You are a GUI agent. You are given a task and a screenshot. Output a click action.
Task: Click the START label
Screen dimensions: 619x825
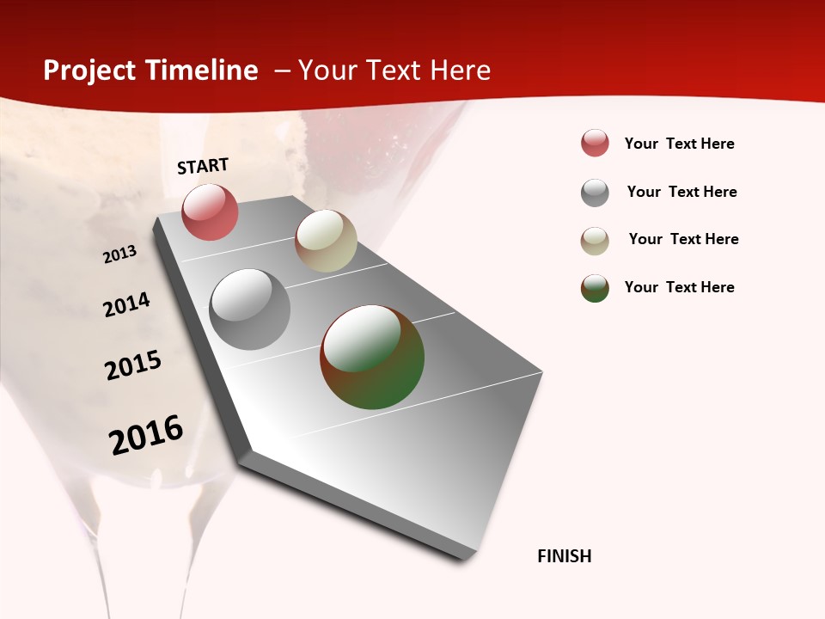point(203,166)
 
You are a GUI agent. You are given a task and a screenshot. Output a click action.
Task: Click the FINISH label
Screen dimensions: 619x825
point(565,556)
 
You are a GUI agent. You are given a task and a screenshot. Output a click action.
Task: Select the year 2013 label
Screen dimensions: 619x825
point(120,254)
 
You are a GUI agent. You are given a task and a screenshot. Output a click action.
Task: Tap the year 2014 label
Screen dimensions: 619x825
point(127,304)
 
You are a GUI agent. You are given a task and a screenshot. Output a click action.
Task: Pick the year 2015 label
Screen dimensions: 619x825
point(133,365)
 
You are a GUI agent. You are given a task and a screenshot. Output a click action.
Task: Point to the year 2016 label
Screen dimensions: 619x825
point(147,435)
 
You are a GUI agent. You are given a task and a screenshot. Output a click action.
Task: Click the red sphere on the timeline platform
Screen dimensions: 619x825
point(210,211)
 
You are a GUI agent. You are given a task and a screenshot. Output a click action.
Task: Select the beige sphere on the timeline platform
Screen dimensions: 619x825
point(326,241)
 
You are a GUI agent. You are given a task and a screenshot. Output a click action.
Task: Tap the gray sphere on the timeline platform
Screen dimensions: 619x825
point(249,309)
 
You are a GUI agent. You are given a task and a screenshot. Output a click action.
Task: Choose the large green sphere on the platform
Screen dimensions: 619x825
point(372,357)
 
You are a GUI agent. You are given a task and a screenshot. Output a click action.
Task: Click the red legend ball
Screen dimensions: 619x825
point(595,143)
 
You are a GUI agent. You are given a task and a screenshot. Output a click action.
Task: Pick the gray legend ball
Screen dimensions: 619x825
point(595,193)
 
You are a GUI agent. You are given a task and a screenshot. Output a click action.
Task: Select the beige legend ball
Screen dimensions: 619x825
point(595,241)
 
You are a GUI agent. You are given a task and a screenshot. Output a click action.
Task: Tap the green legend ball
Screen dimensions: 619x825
point(595,288)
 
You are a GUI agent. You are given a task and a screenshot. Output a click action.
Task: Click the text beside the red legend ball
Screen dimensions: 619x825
point(680,144)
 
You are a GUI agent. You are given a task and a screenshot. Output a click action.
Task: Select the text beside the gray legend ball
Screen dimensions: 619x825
point(682,192)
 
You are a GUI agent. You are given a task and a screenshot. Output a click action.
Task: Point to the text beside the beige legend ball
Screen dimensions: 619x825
point(684,239)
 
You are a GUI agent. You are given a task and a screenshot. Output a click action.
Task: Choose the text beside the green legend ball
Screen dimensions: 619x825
point(680,287)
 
